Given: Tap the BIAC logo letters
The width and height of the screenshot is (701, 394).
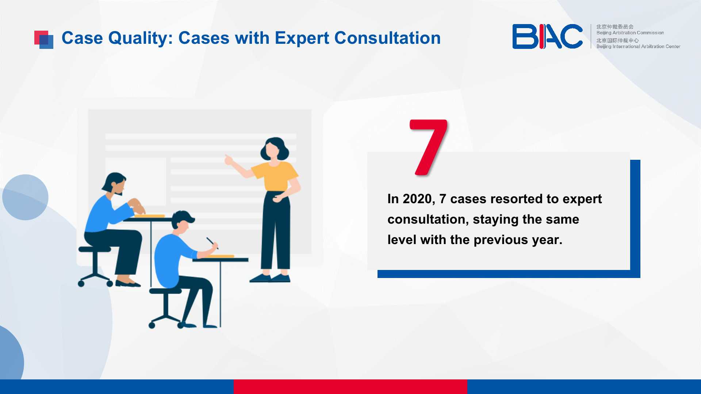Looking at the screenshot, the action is pos(547,36).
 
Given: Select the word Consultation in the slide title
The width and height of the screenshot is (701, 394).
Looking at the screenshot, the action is pos(387,38).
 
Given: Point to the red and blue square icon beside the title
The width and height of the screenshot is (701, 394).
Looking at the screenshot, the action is pos(44,40).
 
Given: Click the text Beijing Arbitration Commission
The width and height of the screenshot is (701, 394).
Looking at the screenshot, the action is pos(630,33).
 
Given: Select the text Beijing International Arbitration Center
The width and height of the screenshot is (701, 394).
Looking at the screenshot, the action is pos(638,46).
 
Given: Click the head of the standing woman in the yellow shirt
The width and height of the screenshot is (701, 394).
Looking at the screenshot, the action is pos(273,148).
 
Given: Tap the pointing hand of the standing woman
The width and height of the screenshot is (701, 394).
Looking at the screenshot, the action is pos(229,159).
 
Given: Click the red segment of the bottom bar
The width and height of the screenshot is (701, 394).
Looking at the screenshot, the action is pos(350,387).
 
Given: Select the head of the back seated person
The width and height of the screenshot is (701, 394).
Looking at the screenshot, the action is pos(115,184).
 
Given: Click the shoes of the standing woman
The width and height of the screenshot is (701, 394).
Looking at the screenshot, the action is pos(270,278).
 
